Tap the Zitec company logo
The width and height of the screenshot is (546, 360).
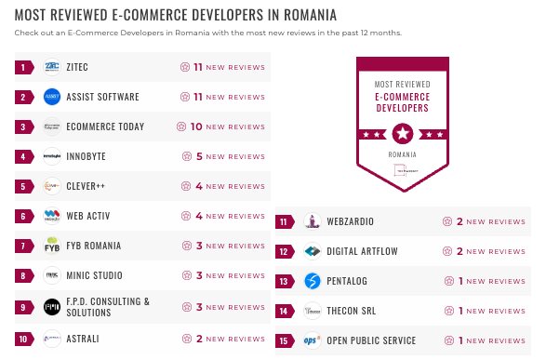pos(52,67)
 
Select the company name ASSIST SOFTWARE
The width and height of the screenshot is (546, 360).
pos(102,97)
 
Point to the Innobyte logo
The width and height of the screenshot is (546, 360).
pos(52,156)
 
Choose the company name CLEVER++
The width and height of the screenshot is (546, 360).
pos(86,186)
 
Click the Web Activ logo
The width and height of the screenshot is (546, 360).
pos(52,216)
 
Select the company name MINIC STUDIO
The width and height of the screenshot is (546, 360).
pos(97,275)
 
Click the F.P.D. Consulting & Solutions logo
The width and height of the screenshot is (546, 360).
pos(52,306)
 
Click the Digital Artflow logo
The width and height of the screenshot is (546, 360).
pos(313,251)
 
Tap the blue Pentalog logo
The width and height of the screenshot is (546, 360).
pos(313,281)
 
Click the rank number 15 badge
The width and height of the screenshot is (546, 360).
pos(285,340)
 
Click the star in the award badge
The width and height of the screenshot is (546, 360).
pos(402,132)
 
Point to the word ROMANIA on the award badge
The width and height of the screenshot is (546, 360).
pos(402,153)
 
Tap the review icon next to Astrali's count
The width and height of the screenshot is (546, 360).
pos(186,339)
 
